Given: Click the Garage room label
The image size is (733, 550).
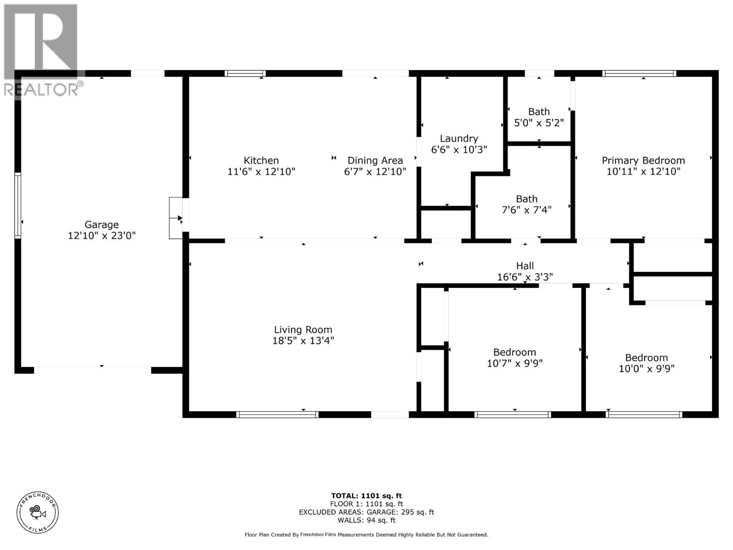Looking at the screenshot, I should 101,225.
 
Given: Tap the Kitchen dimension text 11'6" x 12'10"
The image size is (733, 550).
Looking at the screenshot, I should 261,172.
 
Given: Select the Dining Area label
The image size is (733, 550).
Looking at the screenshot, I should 375,160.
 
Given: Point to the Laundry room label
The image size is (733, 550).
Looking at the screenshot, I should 459,138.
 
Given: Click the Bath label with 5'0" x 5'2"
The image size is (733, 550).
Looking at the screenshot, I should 539,112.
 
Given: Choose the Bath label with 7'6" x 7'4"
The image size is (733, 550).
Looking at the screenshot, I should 526,199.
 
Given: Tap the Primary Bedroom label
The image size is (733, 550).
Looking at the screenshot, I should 643,160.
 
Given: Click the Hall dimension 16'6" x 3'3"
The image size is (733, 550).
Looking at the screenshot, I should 525,277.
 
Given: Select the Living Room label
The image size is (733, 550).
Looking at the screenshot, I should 303,330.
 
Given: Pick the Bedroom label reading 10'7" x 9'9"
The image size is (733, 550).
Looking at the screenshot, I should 514,352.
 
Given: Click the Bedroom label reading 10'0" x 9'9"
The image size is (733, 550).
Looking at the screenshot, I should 646,358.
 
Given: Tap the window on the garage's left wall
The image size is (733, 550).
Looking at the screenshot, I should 18,205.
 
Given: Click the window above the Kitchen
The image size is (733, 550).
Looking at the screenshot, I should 245,73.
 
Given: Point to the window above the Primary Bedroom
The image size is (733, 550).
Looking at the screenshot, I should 639,73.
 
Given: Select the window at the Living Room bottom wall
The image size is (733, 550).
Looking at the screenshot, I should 277,414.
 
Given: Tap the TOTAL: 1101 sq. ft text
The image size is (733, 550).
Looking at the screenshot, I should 366,495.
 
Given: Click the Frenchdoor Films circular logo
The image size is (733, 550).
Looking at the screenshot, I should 38,512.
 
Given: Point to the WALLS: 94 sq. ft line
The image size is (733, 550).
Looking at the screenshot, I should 366,520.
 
